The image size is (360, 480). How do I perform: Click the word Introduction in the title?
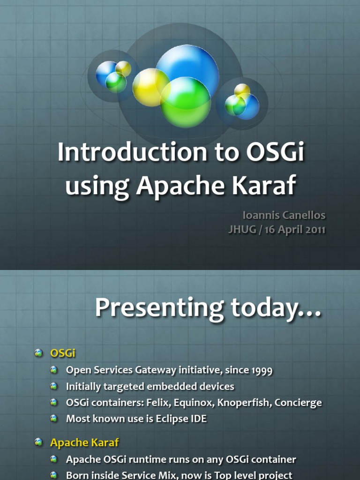[132, 152]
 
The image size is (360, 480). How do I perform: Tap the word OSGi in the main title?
[275, 152]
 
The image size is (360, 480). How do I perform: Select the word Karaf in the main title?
[264, 185]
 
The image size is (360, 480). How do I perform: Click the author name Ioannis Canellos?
[284, 215]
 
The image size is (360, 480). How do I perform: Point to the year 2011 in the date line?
[315, 230]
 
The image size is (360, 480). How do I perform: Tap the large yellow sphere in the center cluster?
[151, 87]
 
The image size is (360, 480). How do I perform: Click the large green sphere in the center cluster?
[186, 102]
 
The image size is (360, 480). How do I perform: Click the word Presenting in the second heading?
[159, 308]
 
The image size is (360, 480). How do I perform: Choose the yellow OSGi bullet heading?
[63, 353]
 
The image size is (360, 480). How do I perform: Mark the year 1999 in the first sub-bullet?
[262, 370]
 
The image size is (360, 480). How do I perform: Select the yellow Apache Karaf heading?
[84, 442]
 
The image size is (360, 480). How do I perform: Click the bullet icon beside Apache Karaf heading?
[38, 442]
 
